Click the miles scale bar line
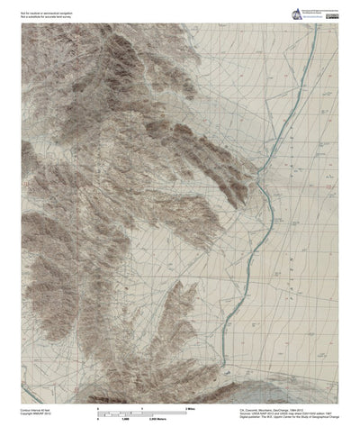[142, 413]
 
